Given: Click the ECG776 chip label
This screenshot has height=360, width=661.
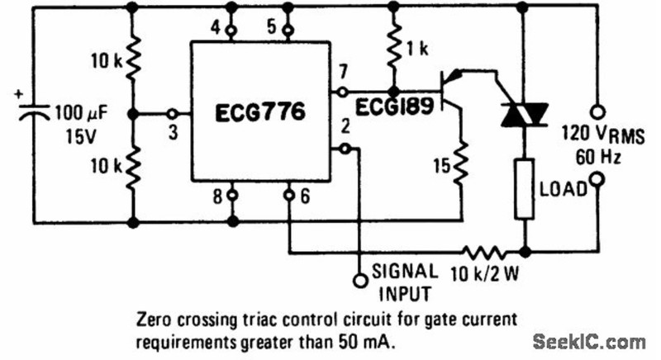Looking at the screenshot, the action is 259,112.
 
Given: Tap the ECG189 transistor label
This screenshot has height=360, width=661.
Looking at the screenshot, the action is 394,107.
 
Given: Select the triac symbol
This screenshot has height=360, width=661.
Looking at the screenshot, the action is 524,115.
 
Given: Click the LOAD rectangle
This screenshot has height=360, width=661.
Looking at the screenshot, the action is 525,188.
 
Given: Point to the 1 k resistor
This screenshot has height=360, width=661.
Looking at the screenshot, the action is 394,50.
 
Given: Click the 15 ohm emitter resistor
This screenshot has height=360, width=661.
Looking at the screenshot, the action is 461,163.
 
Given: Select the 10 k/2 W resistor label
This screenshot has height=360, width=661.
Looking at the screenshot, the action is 485,274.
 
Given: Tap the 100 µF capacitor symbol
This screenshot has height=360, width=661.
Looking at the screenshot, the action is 34,111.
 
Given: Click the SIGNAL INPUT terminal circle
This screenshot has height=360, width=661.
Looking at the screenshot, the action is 360,281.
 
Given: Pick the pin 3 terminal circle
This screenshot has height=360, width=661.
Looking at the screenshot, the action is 172,114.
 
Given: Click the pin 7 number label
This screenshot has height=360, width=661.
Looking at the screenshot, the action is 343,72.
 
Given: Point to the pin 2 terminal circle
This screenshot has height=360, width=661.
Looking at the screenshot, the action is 345,148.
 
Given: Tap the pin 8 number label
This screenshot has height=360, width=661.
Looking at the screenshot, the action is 217,197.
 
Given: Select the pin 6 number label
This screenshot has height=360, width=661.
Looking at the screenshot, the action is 305,197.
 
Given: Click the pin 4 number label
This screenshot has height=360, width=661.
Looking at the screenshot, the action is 216,28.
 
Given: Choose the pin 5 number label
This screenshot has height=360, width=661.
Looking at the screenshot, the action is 272,27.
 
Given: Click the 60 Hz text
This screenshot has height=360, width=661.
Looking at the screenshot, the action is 598,158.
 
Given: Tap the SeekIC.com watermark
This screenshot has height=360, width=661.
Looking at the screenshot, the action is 589,342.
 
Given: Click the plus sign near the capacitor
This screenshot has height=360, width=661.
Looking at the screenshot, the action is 18,94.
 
